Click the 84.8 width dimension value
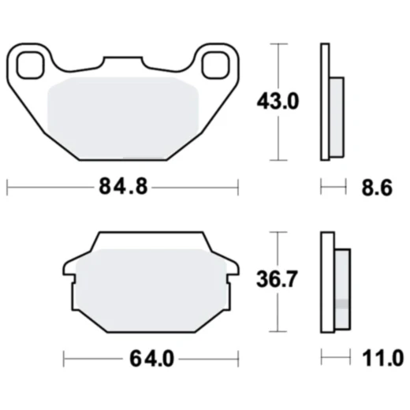(x=122, y=188)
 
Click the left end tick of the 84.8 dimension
(x=7, y=188)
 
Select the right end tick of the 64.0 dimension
(x=237, y=360)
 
